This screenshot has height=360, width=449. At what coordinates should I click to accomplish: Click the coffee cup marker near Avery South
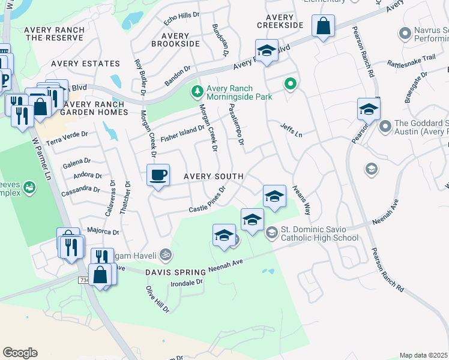point(158,175)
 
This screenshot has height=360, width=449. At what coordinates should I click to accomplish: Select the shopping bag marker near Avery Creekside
point(323,26)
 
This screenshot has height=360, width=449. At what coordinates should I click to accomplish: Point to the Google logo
point(20,353)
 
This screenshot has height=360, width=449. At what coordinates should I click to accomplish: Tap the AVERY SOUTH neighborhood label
point(213,176)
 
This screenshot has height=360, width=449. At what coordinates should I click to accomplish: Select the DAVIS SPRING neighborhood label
point(175,272)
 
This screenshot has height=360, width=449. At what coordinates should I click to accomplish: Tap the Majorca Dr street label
point(103,230)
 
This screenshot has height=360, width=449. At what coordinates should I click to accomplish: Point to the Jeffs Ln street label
point(291,130)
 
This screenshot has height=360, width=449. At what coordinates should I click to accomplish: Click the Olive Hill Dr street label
point(157,299)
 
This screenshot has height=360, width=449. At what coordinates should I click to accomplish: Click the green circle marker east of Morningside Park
point(291,83)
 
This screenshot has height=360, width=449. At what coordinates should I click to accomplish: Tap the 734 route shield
point(83,280)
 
